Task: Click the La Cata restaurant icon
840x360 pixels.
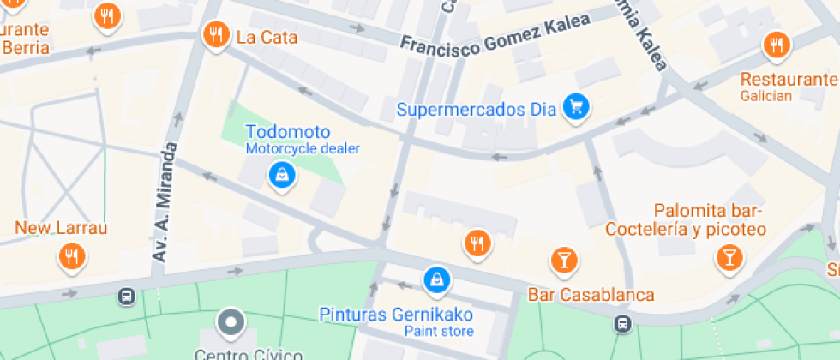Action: coord(214,35)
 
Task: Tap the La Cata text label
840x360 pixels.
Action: coord(267,37)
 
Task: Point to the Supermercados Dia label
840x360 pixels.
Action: coord(477,110)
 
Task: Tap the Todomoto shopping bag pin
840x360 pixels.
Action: coord(281,176)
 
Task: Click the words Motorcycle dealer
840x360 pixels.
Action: coord(303,148)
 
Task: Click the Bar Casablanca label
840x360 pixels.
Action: coord(591,296)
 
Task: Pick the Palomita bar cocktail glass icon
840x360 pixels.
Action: coord(729,255)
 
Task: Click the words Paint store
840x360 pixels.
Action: coord(438,331)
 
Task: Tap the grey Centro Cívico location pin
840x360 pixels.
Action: coord(231,323)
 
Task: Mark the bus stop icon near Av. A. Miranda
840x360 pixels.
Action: coord(126,296)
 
